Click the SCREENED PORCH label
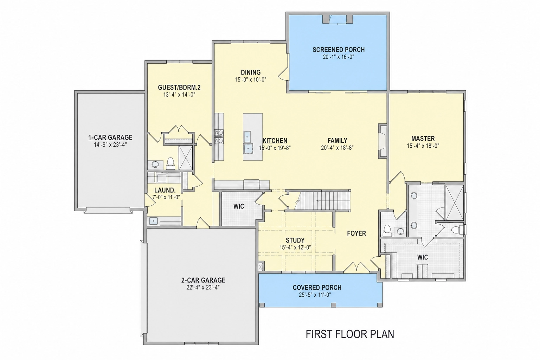click(x=339, y=50)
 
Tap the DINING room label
click(x=251, y=72)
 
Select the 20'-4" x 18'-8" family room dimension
click(x=337, y=148)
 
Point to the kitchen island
click(x=253, y=137)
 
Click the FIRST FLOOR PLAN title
click(x=350, y=334)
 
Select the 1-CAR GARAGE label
click(x=110, y=137)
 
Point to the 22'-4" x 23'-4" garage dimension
click(x=203, y=288)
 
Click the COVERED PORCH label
click(x=317, y=288)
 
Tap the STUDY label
click(x=295, y=240)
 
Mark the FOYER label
click(x=356, y=233)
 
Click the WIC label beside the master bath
click(x=423, y=257)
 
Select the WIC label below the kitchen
click(x=239, y=206)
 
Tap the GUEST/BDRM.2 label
click(x=179, y=87)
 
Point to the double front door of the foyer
click(x=356, y=267)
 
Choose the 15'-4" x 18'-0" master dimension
click(x=423, y=146)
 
